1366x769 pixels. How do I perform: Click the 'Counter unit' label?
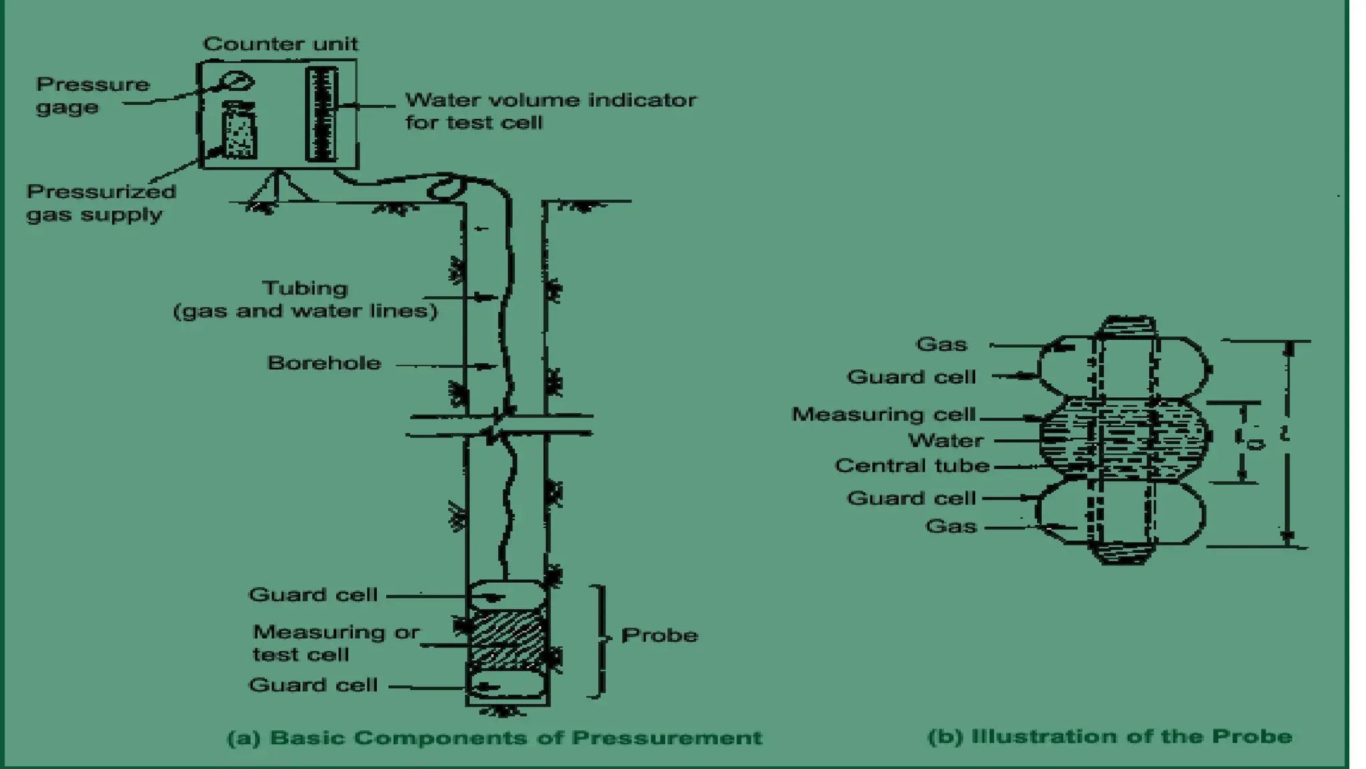point(280,44)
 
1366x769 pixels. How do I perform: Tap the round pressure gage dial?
point(237,81)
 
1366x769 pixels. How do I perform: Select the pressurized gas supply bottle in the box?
point(238,131)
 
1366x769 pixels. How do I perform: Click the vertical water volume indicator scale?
point(321,114)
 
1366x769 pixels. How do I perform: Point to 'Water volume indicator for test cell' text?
point(550,111)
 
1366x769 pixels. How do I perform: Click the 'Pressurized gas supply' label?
point(101,203)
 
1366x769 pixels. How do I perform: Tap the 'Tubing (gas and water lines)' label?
point(305,299)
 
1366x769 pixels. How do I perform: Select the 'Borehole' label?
point(324,363)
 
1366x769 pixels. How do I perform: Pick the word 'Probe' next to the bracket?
point(659,635)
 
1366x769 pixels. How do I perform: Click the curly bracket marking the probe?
point(602,639)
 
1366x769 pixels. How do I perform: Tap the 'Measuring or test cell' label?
point(335,642)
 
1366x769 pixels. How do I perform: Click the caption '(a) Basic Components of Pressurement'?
point(494,738)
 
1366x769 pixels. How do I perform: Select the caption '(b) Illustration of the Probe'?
point(1110,736)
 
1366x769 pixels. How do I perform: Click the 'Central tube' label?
point(912,465)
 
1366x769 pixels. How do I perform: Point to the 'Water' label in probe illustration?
point(945,441)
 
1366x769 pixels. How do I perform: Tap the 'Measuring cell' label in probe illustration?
point(883,414)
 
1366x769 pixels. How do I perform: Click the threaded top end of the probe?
point(1127,326)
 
